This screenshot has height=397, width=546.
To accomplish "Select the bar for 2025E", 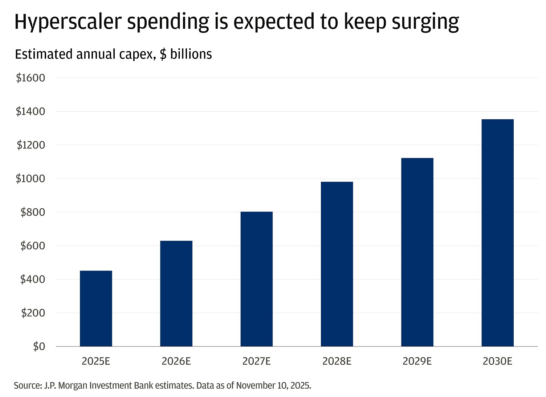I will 96,309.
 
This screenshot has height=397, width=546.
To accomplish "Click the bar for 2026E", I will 176,294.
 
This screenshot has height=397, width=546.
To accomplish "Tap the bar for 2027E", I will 256,279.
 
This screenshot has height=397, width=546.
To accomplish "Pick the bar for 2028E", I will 337,264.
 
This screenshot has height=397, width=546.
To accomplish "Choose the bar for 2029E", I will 417,252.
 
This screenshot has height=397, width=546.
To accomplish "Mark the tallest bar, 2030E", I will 497,233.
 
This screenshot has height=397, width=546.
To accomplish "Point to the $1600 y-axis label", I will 30,78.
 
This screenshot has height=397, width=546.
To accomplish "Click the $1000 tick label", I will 30,179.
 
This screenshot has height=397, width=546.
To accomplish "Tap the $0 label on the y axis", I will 39,346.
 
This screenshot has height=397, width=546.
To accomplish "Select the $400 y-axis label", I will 32,279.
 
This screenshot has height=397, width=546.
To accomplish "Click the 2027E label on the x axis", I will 256,361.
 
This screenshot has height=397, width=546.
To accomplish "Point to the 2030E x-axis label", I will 497,361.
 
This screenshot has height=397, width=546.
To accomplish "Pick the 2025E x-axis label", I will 96,361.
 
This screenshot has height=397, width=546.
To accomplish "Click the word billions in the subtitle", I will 191,54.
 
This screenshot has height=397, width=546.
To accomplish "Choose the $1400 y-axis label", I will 30,111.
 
